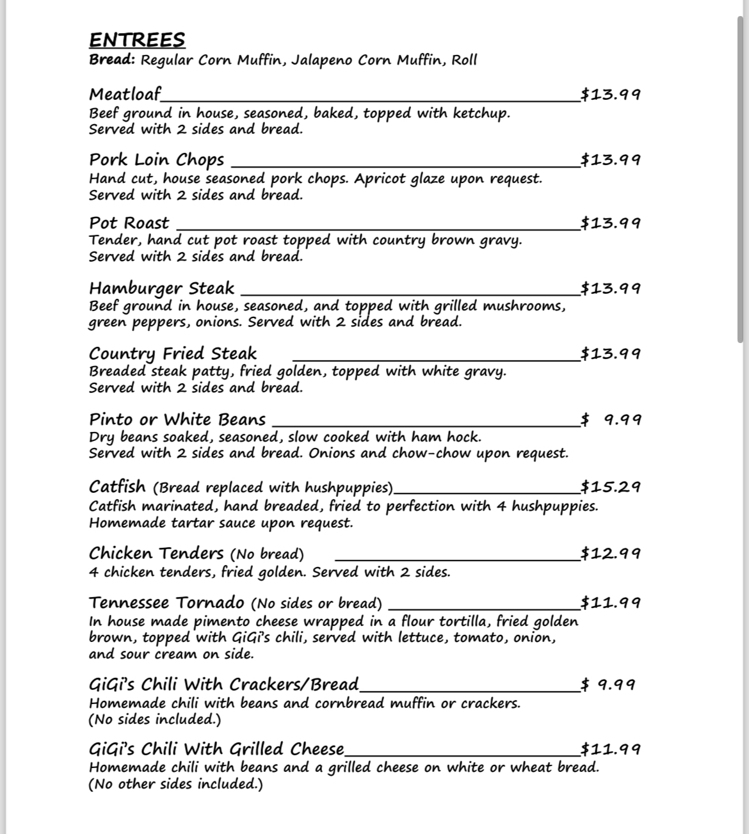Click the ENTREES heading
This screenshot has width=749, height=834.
click(137, 40)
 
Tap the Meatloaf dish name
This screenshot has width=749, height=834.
click(125, 94)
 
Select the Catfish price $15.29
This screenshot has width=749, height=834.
click(610, 486)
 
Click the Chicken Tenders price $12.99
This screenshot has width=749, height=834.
click(610, 553)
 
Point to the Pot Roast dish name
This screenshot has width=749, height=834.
click(129, 223)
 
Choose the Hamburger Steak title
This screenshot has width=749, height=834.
click(161, 288)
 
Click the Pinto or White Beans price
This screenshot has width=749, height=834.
click(610, 419)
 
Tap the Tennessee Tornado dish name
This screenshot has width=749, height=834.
click(166, 602)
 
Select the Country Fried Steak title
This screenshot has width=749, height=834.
click(172, 353)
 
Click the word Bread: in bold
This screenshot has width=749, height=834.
click(112, 60)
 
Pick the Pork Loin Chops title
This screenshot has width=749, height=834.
click(156, 159)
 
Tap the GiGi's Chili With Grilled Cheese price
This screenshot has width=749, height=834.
click(610, 749)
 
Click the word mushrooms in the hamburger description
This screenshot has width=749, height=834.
click(524, 305)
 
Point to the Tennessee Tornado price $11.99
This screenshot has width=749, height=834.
click(610, 602)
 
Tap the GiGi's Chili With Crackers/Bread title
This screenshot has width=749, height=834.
click(223, 684)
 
